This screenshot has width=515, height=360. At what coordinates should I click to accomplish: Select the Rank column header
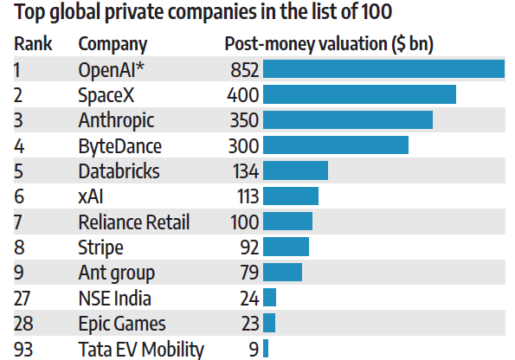tap(30, 45)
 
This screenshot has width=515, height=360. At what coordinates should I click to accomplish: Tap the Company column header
tap(113, 45)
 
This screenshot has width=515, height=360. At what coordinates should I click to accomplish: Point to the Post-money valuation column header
tap(329, 45)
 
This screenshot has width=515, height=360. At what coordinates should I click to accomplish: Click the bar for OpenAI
tap(383, 69)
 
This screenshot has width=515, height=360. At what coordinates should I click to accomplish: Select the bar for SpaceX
tap(359, 94)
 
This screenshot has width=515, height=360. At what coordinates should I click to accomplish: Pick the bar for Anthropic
tap(347, 119)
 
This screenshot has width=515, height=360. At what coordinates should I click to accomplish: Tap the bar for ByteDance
tap(336, 145)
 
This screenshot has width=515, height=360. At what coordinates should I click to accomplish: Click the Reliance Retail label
tap(133, 222)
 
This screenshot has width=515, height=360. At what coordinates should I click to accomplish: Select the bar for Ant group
tap(282, 273)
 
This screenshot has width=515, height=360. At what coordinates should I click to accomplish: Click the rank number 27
tap(23, 299)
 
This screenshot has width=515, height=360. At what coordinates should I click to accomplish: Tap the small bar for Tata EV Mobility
tap(266, 349)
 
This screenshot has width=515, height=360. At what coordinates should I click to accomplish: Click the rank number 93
tap(23, 350)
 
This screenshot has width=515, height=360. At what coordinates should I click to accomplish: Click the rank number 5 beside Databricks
tap(19, 170)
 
